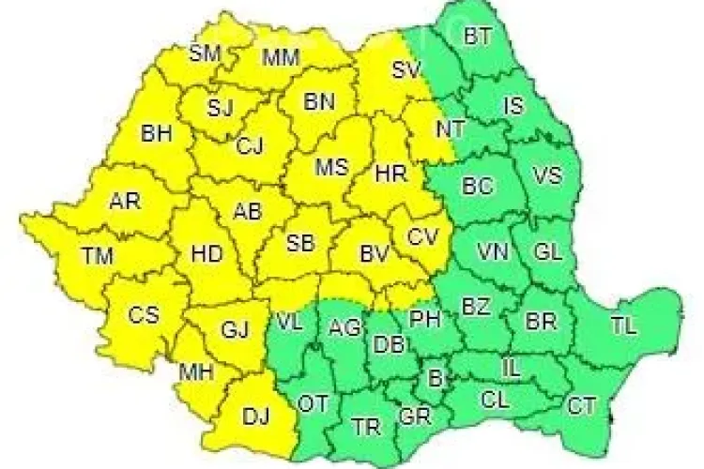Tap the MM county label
pos(281,58)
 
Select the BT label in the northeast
pos(477,37)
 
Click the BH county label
pos(156,134)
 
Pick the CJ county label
pos(250,145)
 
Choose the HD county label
pos(207,253)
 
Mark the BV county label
pos(375,253)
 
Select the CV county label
pos(422,237)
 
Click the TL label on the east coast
pos(622,326)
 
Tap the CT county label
pos(581,406)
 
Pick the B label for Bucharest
pos(434,378)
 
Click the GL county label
pos(548,251)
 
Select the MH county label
pos(197,372)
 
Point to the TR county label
pos(366,428)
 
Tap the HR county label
pos(389,174)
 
